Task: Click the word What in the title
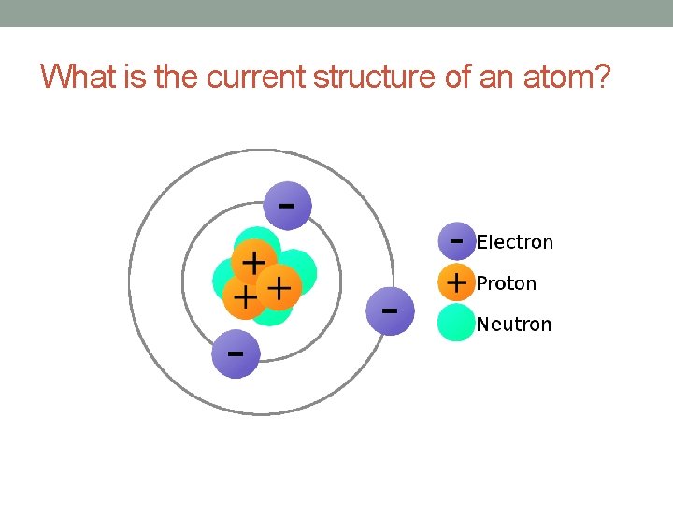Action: pyautogui.click(x=79, y=77)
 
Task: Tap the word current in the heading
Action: pyautogui.click(x=256, y=77)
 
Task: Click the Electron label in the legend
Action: pyautogui.click(x=514, y=242)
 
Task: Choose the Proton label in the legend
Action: pyautogui.click(x=506, y=282)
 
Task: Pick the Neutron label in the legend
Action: pyautogui.click(x=514, y=324)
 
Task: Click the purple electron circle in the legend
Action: pyautogui.click(x=456, y=240)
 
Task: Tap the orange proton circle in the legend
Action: pyautogui.click(x=456, y=281)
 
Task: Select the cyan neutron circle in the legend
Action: pyautogui.click(x=456, y=323)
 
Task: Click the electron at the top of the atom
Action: pyautogui.click(x=287, y=205)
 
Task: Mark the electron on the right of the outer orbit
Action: pyautogui.click(x=390, y=310)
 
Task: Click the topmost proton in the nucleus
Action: pyautogui.click(x=253, y=261)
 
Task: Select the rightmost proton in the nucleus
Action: pyautogui.click(x=278, y=285)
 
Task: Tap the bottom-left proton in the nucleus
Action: pyautogui.click(x=244, y=297)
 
